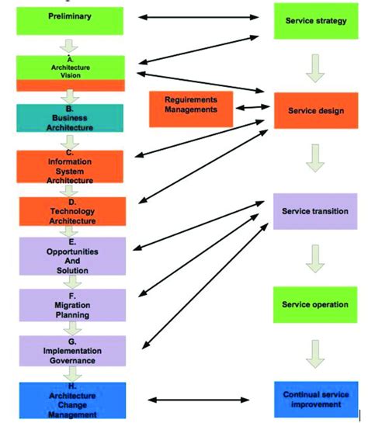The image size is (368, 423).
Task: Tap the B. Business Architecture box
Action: (70, 118)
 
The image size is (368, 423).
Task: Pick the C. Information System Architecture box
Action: (70, 166)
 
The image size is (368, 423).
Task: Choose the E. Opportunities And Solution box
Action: (70, 255)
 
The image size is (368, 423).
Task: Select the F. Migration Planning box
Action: (70, 304)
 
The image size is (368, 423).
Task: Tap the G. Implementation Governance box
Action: (70, 351)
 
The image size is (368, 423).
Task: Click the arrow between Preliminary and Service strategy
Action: (198, 16)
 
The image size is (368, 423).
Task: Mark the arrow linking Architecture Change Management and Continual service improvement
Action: (198, 400)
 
